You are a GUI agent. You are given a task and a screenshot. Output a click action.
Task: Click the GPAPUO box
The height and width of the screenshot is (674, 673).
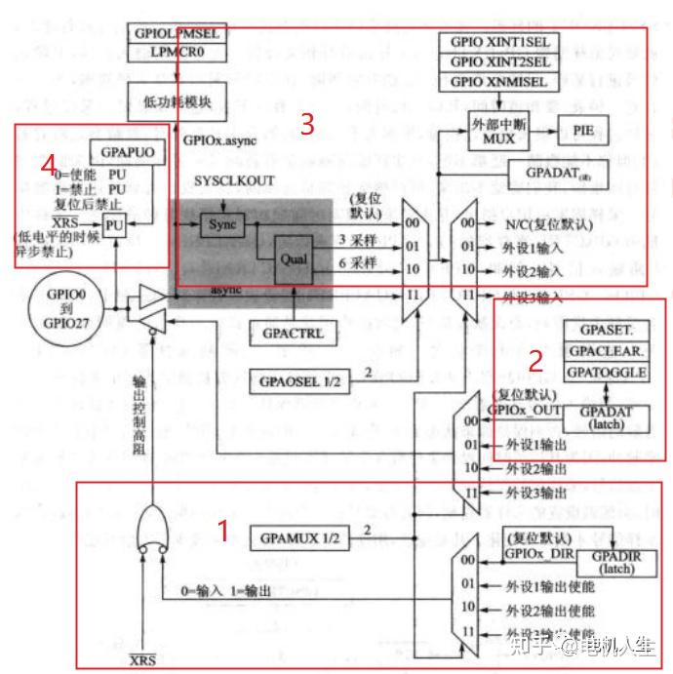pyautogui.click(x=122, y=154)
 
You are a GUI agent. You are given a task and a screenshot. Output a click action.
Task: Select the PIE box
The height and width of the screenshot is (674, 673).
pyautogui.click(x=582, y=130)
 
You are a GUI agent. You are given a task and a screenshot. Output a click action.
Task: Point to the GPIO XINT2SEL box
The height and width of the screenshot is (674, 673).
pyautogui.click(x=498, y=62)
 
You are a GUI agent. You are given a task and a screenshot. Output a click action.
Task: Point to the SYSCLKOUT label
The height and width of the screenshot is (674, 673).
pyautogui.click(x=234, y=181)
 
